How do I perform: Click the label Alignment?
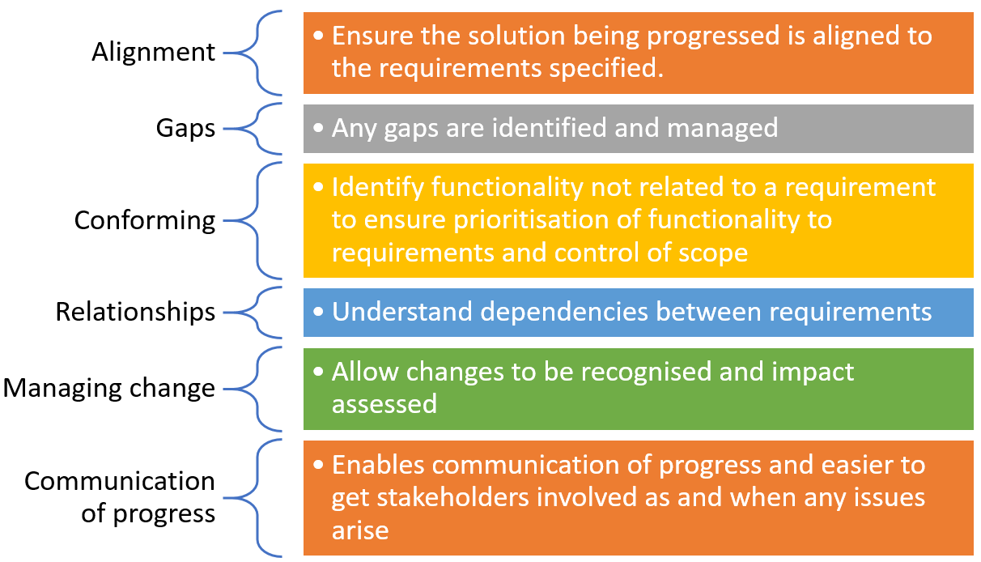pos(153,53)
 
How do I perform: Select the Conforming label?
pos(145,221)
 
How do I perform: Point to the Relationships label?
pos(135,312)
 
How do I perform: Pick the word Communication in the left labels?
pos(120,481)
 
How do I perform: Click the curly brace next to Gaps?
pos(253,129)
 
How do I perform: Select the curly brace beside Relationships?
pos(253,313)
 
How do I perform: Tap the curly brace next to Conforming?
pos(253,220)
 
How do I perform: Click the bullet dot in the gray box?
pos(318,128)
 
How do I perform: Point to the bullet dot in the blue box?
pos(318,312)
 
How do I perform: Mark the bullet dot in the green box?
pos(318,372)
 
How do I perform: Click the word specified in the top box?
pos(606,69)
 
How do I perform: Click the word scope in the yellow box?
pos(713,254)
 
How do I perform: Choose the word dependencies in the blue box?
pos(564,313)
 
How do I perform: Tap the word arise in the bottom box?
pos(360,531)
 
